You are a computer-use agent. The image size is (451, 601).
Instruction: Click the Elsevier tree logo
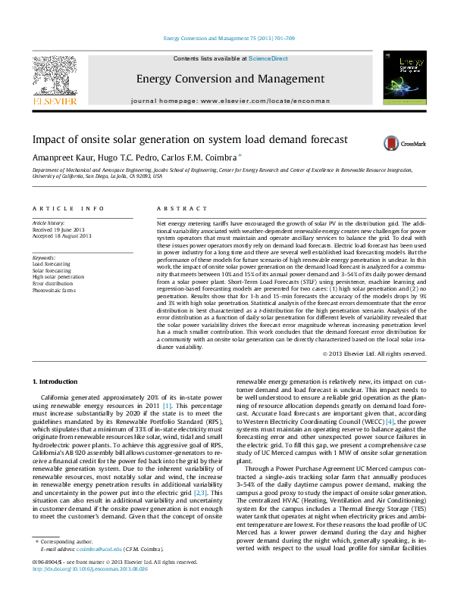(55, 78)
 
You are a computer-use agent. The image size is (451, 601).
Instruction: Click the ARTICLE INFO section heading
(67, 208)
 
